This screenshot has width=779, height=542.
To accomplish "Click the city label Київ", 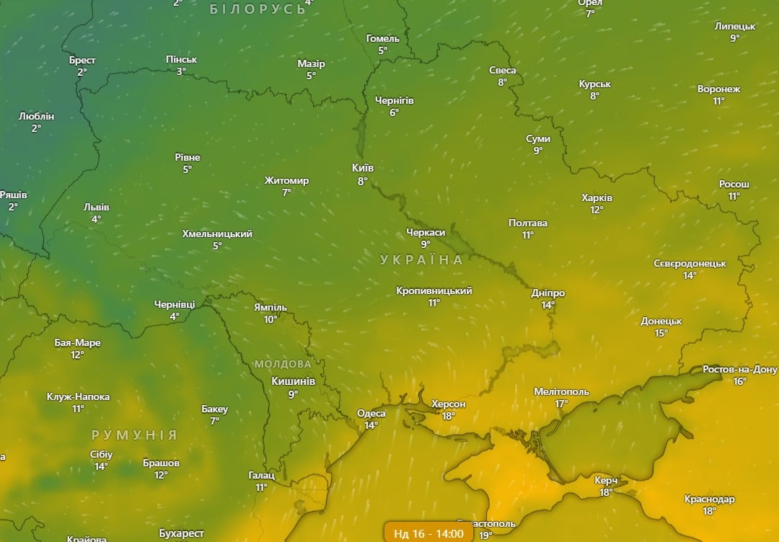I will pos(363,168).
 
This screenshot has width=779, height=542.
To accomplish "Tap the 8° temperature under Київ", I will pos(363,182).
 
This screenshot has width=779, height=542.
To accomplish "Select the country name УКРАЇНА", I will pos(422,260).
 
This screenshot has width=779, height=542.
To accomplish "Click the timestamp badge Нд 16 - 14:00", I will pos(428,533).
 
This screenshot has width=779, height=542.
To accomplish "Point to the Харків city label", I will pos(597,198).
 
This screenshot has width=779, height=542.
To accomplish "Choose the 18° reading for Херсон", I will pos(448,416).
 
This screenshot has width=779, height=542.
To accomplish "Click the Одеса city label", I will pos(371,414).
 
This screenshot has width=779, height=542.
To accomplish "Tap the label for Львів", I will pos(96,207).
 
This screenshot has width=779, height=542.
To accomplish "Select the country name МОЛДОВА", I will pos(283,364).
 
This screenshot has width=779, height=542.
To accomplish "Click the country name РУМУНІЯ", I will pos(134,435).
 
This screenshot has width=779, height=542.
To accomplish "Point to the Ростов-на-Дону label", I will pos(740,370).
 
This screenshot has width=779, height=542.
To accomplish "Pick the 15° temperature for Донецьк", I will pos(661,333).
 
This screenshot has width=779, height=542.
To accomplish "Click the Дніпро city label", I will pos(548,293).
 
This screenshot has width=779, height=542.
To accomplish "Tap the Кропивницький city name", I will pos(434,291).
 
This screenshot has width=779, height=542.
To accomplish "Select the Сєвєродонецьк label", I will pos(690,264).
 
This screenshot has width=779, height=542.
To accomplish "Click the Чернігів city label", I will pos(395,101).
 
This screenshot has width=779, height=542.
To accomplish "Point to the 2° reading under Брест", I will pos(82,72).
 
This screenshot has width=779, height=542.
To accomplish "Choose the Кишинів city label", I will pos(293,381).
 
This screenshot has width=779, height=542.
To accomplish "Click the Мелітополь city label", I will pos(561,392).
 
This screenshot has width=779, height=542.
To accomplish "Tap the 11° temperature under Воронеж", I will pos(718,102).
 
